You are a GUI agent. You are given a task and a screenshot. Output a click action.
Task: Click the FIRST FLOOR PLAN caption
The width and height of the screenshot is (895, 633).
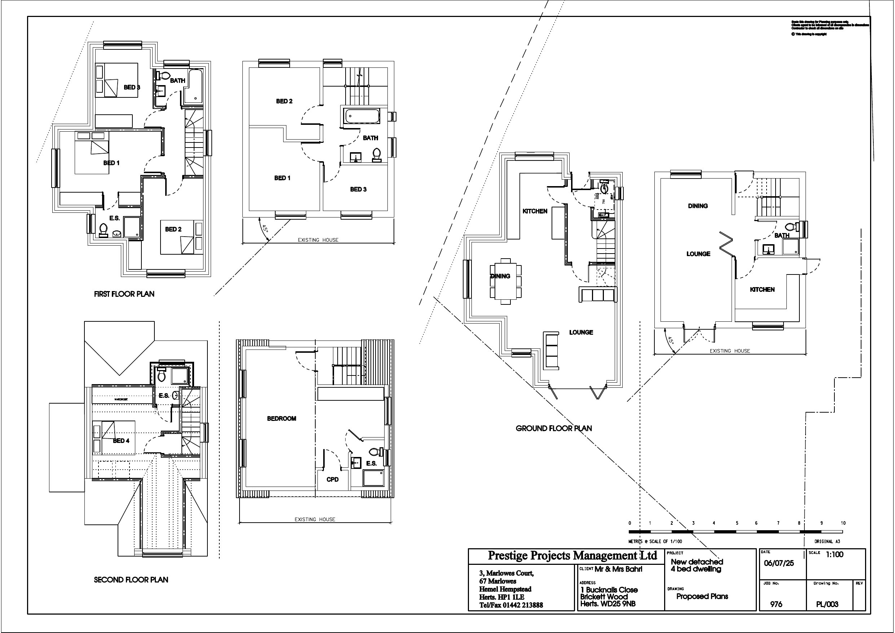124,294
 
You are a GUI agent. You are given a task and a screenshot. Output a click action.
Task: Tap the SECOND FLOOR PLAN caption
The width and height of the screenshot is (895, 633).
131,580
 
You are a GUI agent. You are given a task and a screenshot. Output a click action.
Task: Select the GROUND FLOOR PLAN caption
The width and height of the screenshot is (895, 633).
553,428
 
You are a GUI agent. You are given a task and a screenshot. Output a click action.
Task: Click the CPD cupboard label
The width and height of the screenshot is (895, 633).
333,479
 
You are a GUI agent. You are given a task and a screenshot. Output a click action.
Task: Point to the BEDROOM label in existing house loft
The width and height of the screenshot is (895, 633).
281,419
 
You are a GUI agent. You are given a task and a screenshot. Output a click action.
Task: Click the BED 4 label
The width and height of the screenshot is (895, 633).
121,441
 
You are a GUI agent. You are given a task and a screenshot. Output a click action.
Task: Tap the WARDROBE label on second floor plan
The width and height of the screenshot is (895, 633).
121,400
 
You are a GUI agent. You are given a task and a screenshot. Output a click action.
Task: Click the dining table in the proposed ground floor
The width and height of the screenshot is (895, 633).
506,281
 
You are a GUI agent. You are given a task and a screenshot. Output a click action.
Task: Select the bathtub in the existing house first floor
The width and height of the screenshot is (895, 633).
362,116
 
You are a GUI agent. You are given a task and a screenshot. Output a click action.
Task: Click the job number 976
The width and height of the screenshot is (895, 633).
776,604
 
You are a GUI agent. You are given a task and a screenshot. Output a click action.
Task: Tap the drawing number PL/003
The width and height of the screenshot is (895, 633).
827,605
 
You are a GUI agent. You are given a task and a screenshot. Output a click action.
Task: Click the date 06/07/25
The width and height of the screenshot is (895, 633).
779,564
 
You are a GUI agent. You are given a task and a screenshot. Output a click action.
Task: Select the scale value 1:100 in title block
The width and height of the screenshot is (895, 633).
835,555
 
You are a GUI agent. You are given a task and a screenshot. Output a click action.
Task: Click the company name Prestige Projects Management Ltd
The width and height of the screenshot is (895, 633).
572,555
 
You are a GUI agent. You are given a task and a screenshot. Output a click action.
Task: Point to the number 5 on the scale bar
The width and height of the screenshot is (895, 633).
737,523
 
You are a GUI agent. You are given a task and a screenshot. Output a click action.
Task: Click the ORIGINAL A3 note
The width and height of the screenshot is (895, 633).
826,541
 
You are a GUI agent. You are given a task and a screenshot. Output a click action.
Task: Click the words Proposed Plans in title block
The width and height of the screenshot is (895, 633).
702,596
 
